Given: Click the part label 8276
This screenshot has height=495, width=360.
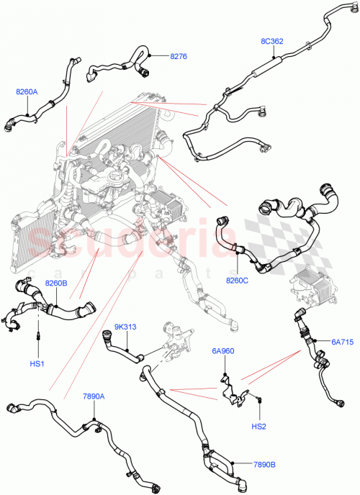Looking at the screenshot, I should tap(178, 55).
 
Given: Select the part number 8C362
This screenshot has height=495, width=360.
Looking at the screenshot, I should tap(271, 41).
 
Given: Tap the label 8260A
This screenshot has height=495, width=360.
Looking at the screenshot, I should tap(27, 91).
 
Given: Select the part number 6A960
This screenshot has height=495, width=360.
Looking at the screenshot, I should tap(223, 351).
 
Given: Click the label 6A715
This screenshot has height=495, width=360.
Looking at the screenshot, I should tap(342, 341).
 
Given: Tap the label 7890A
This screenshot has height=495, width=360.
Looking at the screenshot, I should tap(94, 396).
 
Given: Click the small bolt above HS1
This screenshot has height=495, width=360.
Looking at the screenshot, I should tap(37, 335).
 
